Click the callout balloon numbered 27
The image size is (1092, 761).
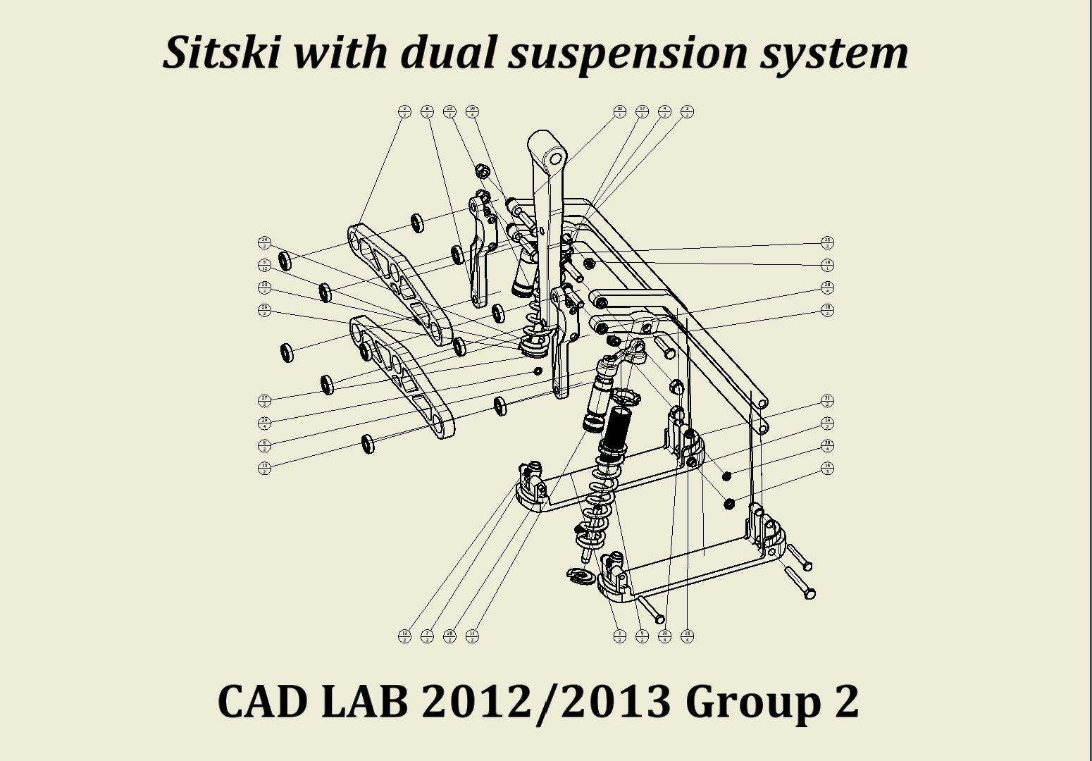pos(264,401)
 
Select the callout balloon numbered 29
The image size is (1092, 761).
pos(264,423)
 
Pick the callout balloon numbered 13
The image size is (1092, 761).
pos(264,468)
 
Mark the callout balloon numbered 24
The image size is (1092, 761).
pos(264,243)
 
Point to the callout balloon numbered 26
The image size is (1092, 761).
pos(264,310)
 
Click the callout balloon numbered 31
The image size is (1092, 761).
pos(827,401)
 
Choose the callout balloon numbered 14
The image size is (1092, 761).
pos(827,423)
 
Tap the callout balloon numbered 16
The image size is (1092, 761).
pos(827,468)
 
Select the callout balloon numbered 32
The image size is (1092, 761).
pos(620,111)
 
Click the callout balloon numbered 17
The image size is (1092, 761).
pos(642,111)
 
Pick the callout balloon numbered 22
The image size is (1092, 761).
pos(449,111)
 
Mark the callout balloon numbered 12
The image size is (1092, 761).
pos(404,636)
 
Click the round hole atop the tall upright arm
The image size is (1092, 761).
pos(555,159)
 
